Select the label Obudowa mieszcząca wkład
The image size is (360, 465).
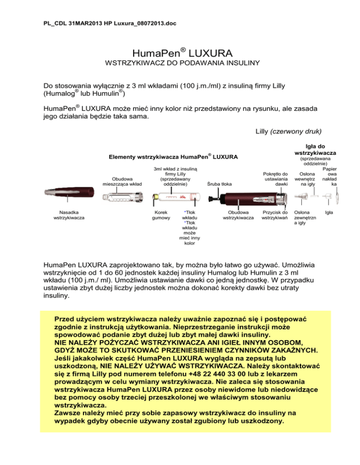tap(118, 181)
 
